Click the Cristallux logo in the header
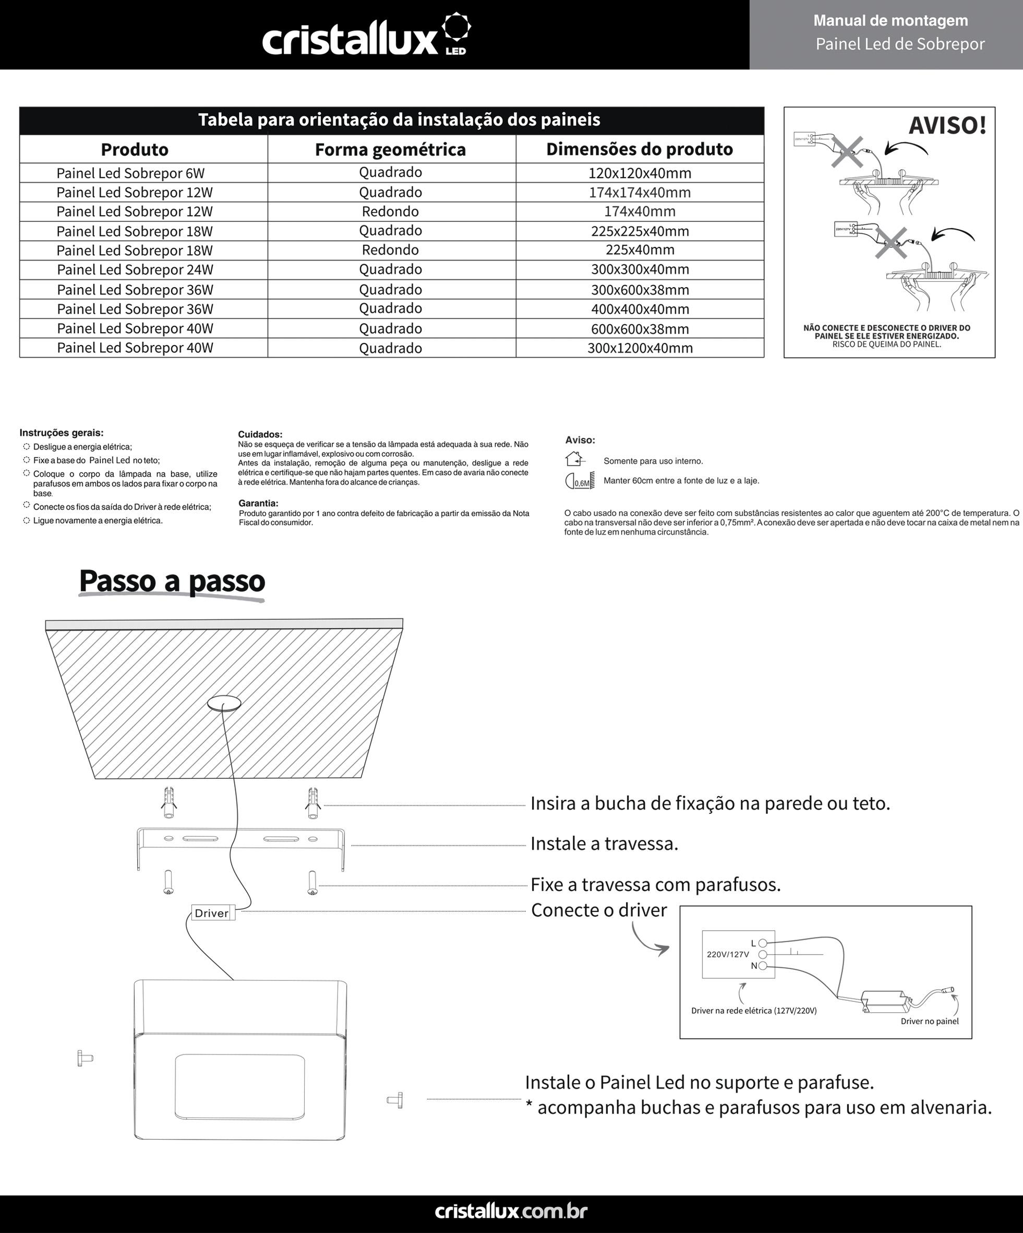pos(366,37)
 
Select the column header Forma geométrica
pos(390,150)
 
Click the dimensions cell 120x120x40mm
pos(640,173)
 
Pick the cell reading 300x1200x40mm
pos(640,348)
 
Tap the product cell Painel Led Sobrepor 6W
pos(130,173)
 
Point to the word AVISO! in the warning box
pos(947,126)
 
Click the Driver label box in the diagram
pos(212,913)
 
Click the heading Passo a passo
pos(172,582)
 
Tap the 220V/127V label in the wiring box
pos(728,955)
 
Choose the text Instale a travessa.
pos(604,844)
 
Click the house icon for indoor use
pos(574,458)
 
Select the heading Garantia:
pos(258,503)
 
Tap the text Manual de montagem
pos(890,21)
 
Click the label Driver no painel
pos(929,1021)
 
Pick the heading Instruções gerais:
pos(62,433)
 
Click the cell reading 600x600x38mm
pos(640,329)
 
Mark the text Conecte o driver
pos(599,910)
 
